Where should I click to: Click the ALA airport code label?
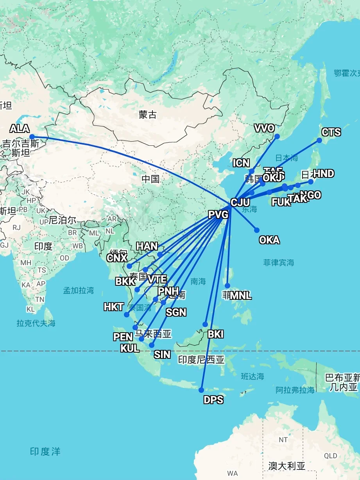point(20,128)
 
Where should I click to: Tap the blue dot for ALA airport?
point(32,137)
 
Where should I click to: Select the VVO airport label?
point(264,128)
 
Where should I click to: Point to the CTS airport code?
point(331,132)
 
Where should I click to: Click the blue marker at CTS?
point(319,140)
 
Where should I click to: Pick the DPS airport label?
point(213,400)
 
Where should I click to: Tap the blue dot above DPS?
point(201,390)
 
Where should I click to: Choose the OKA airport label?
point(269,240)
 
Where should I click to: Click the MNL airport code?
point(241,296)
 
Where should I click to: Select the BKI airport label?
point(216,334)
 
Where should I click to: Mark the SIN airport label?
point(162,355)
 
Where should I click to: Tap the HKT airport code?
point(114,307)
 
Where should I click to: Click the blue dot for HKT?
point(127,315)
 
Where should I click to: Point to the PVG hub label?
point(218,215)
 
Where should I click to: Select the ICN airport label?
point(241,163)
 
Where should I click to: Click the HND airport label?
point(324,174)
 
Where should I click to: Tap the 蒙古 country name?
point(148,115)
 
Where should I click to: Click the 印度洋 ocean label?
point(45,451)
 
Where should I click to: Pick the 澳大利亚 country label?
point(287,466)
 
